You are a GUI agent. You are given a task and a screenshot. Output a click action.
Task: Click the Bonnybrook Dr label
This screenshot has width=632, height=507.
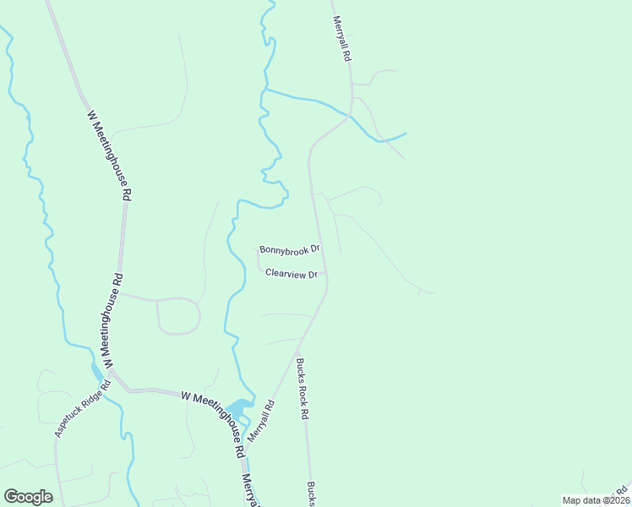coord(290,249)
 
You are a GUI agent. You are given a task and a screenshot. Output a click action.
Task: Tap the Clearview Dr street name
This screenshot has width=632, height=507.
coord(291,274)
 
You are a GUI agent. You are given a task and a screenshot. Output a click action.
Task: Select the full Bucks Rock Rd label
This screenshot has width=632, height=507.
coord(302,390)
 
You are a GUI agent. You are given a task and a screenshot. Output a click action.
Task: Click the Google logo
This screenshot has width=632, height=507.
coord(28,497)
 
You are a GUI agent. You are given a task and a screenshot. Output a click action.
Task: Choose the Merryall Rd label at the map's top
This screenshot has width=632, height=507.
coord(341,37)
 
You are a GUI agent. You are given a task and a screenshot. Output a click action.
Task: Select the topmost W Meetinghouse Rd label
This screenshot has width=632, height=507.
coord(110,155)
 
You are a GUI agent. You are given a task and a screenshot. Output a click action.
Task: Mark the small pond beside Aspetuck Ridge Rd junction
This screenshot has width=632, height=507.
coord(97,373)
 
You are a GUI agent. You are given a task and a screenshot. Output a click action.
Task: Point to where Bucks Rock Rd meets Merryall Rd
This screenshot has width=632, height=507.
coord(297,350)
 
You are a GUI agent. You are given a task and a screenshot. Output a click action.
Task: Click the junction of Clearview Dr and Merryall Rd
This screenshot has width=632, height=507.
coord(326,274)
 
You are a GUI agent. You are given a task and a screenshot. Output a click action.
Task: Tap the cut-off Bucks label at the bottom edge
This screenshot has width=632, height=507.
coord(311,494)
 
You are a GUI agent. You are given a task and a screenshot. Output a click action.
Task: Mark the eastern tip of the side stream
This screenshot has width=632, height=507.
coord(406,134)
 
